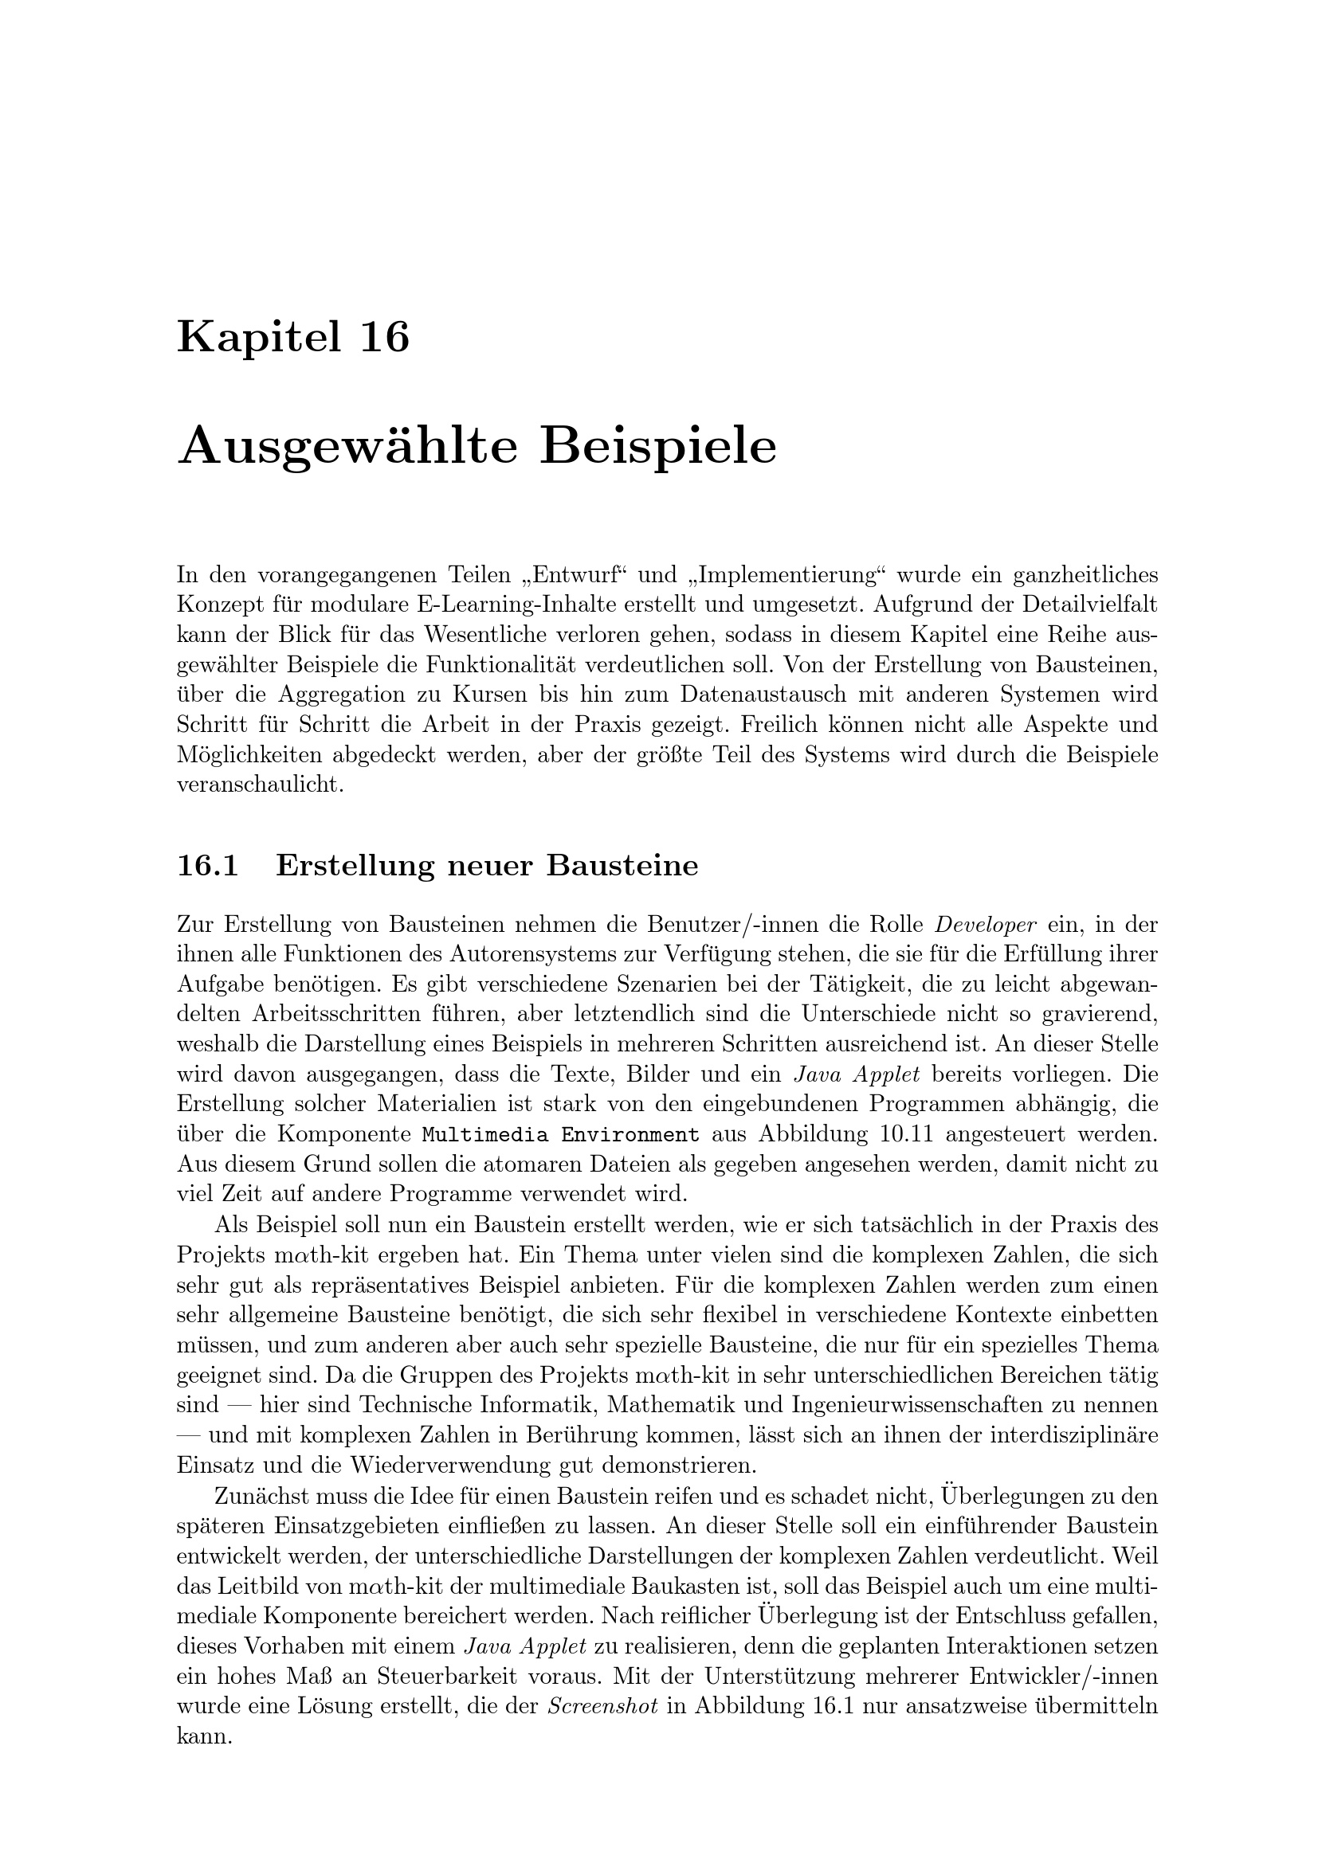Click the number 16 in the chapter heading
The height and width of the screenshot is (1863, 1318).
click(384, 337)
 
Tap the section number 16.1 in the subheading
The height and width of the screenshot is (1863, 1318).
click(208, 866)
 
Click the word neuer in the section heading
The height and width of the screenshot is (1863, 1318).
click(492, 866)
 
